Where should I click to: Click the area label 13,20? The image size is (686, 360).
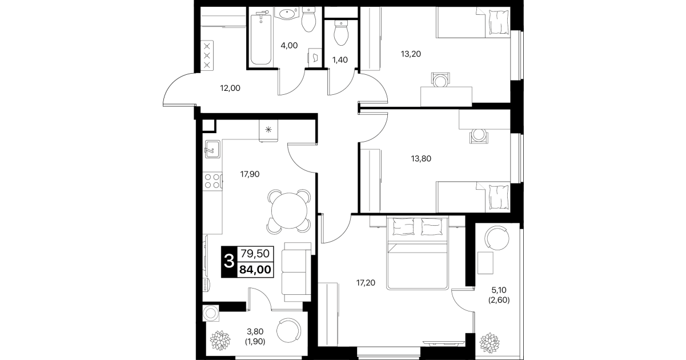click(411, 54)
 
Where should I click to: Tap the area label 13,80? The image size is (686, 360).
click(421, 159)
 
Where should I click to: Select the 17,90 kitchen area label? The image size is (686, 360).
click(250, 174)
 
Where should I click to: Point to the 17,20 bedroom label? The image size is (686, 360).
click(366, 283)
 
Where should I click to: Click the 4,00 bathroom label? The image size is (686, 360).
click(289, 46)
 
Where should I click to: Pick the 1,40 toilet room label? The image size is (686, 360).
click(340, 60)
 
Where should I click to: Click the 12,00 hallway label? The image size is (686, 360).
click(230, 88)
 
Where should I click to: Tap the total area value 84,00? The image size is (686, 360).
click(255, 270)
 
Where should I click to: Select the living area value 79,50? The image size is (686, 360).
click(255, 254)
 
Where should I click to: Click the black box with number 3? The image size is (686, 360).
click(229, 262)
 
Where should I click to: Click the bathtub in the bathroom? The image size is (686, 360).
click(261, 38)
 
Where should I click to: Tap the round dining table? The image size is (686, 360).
click(289, 211)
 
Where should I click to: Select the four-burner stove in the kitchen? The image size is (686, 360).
click(212, 181)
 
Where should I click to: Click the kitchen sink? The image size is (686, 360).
click(212, 149)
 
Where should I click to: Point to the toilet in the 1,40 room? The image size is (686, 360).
click(341, 33)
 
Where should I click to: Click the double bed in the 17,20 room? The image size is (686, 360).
click(418, 253)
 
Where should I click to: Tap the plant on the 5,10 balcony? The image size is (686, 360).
click(489, 342)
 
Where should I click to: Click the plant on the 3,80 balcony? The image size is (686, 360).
click(220, 341)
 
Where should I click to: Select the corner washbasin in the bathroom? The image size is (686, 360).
click(287, 14)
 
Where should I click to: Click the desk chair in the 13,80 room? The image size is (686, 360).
click(479, 136)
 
